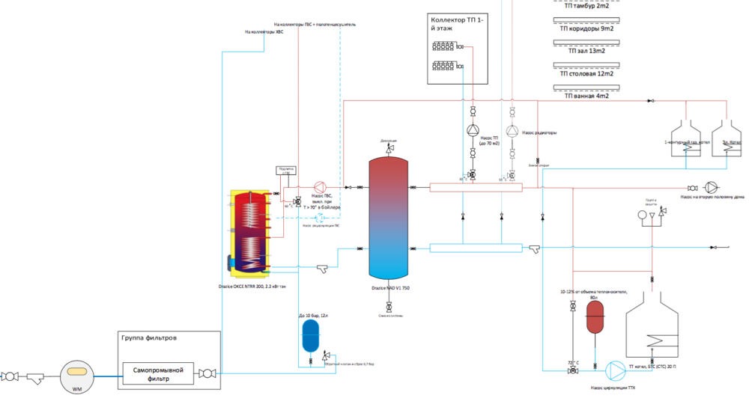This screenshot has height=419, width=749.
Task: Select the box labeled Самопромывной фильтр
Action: [158, 373]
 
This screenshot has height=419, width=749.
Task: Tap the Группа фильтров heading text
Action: [150, 337]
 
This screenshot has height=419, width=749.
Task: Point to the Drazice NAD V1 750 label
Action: [389, 287]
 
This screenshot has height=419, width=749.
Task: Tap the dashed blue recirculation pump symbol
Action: [321, 217]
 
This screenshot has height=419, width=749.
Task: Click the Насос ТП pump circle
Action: [473, 132]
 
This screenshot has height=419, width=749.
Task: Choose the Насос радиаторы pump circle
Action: [512, 132]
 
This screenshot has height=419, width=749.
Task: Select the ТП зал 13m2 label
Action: [586, 51]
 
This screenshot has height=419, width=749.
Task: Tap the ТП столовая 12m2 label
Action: [586, 73]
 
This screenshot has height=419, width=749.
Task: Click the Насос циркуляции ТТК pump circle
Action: [615, 370]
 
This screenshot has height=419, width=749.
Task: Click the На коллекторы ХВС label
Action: [264, 32]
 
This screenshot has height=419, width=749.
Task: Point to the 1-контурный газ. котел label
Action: [683, 141]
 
